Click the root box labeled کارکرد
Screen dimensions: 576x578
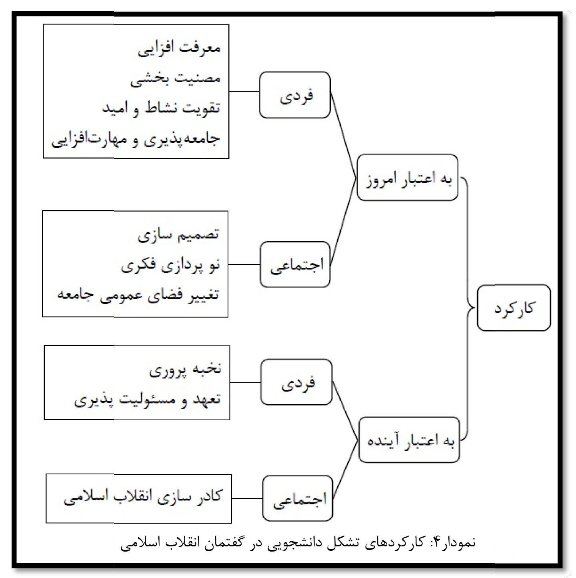coord(513,308)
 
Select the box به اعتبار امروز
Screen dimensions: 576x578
coord(408,178)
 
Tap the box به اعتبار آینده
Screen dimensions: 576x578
coord(409,440)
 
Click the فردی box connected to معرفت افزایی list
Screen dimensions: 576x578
coord(295,95)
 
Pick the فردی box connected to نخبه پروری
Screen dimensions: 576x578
coord(296,382)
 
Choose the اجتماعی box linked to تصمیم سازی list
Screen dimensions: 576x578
coord(295,265)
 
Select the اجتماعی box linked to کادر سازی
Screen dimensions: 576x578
coord(298,498)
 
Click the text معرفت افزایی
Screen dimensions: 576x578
coord(179,49)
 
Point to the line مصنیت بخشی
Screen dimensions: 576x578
coord(176,79)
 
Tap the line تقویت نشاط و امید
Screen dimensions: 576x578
coord(161,108)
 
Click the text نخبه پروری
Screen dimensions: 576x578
coord(185,369)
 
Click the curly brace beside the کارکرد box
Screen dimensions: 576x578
coord(468,308)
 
